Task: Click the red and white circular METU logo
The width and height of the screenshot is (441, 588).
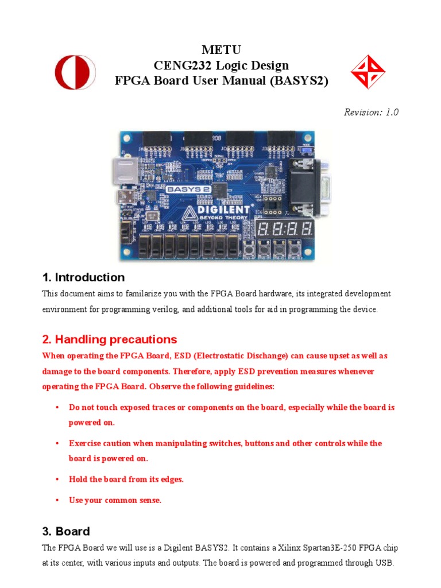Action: [x=75, y=72]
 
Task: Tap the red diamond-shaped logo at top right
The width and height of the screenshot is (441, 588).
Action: [x=367, y=73]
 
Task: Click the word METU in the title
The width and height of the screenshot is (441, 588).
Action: [x=221, y=50]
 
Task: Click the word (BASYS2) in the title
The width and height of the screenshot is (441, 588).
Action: [x=299, y=81]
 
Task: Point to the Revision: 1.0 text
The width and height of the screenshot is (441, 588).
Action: [x=371, y=113]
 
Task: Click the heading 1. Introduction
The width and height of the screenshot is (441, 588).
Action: [x=83, y=278]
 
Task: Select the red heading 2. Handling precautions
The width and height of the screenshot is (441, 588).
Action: [x=110, y=339]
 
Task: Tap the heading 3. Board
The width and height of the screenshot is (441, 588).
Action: [x=66, y=532]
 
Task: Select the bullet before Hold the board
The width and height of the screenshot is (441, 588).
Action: [x=57, y=479]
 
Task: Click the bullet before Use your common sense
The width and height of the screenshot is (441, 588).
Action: [x=57, y=501]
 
